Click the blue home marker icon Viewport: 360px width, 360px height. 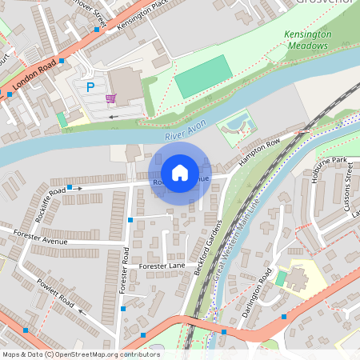pos(180,172)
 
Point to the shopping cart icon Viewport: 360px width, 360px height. pos(110,98)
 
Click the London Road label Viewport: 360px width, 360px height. pos(34,74)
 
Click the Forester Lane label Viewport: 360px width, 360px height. pos(162,265)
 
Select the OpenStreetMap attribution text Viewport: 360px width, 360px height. pos(80,354)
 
